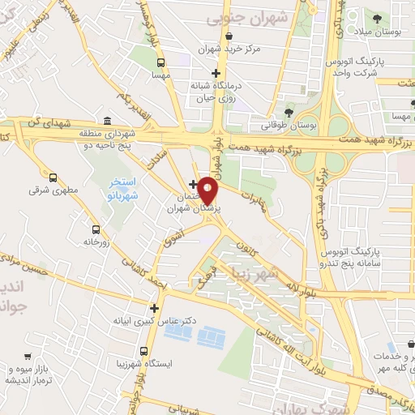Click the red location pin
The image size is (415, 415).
(x=208, y=190)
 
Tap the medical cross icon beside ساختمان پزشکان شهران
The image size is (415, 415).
(x=192, y=184)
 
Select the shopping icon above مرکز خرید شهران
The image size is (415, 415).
(x=231, y=36)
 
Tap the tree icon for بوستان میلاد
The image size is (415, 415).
(x=377, y=17)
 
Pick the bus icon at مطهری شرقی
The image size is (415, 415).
(x=53, y=178)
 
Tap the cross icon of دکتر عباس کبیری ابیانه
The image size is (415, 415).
(x=154, y=308)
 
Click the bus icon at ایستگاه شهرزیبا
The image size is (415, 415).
(x=143, y=352)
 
